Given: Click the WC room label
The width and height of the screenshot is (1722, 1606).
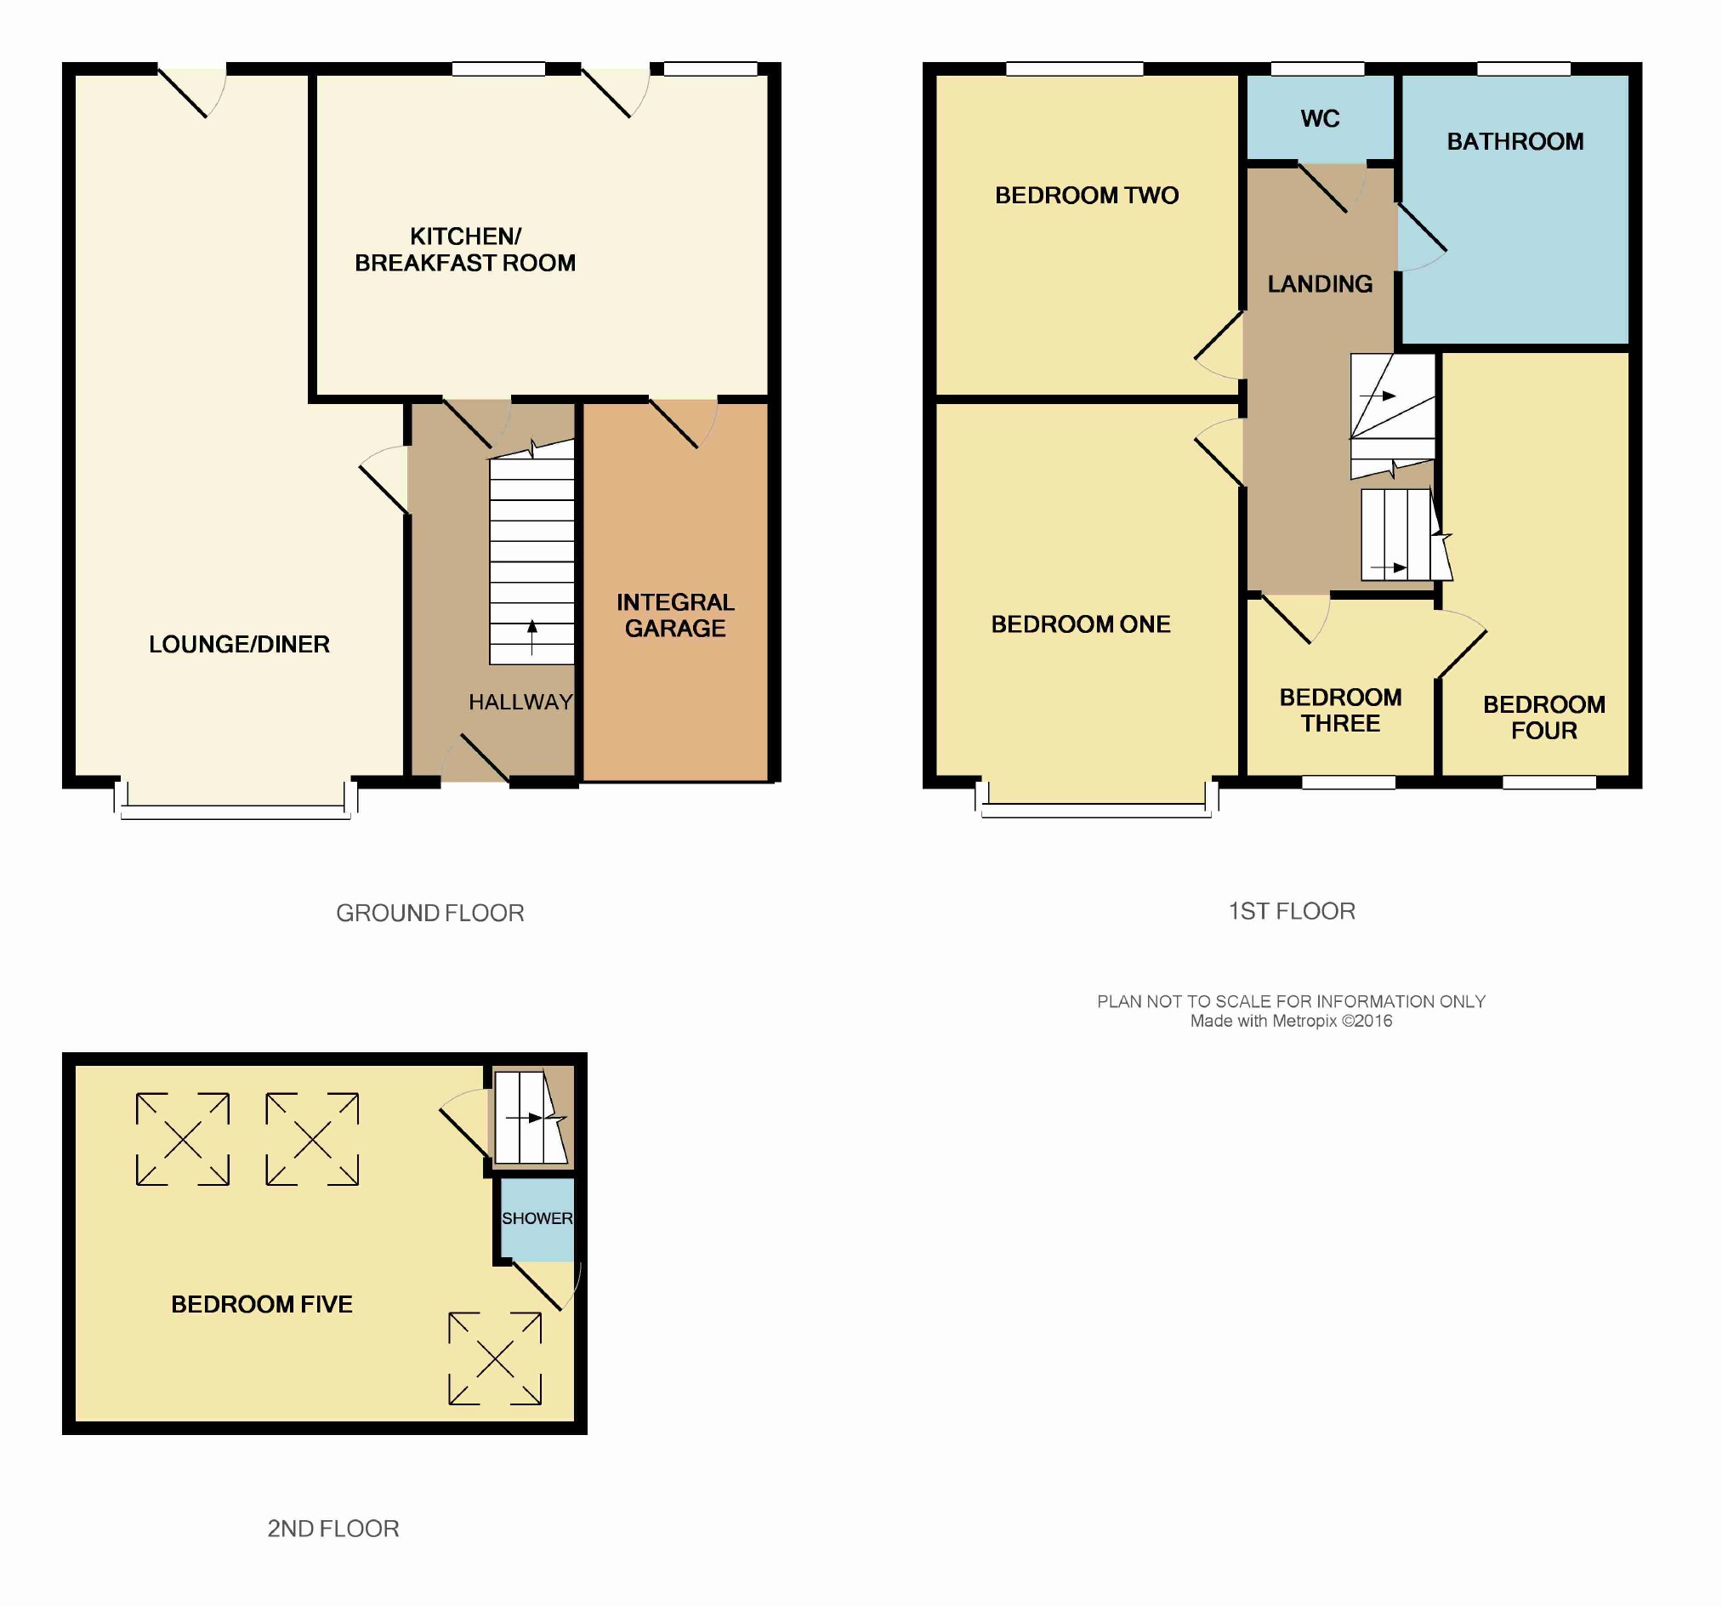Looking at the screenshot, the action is [x=1319, y=119].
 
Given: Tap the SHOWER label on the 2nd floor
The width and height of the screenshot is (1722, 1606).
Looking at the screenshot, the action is [x=537, y=1218].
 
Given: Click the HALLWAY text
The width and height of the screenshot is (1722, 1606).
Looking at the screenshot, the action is [x=520, y=702].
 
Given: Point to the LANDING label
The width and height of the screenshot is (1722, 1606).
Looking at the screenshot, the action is [x=1319, y=284].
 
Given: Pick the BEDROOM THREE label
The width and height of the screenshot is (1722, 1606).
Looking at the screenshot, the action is [x=1340, y=710].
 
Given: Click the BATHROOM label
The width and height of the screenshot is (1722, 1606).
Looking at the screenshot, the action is [x=1515, y=142].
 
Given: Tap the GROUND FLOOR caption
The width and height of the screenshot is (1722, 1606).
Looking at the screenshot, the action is [x=429, y=913].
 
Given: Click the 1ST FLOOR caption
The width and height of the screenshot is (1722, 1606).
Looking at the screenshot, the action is [x=1292, y=911].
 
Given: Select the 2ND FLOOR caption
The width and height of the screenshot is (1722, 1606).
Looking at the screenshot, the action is [x=332, y=1529].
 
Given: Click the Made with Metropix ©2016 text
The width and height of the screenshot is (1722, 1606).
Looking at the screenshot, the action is [x=1291, y=1022].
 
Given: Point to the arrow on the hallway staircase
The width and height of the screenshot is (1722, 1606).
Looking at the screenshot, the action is [x=531, y=637].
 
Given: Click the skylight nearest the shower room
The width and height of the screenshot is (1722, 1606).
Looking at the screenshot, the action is [x=495, y=1359].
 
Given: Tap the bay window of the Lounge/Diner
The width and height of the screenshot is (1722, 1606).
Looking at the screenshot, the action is [x=236, y=801].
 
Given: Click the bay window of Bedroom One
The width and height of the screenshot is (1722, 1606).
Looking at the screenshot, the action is [x=1097, y=800].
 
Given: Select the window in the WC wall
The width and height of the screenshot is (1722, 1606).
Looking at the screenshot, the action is [x=1317, y=69].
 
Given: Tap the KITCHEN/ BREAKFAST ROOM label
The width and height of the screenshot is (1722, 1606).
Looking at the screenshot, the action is [x=465, y=249].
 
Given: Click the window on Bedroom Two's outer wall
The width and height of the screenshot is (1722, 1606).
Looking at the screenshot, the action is [x=1075, y=69].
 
